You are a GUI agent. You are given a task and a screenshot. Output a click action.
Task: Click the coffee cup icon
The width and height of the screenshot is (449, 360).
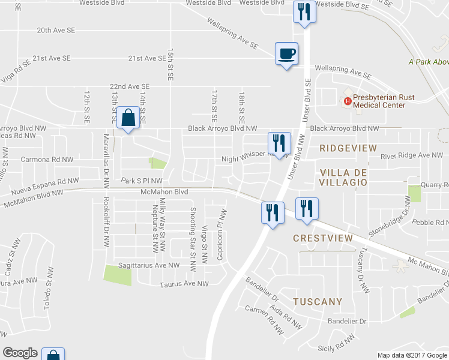(286, 53)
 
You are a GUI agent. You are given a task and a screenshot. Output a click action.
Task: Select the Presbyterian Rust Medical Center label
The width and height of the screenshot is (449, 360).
(379, 101)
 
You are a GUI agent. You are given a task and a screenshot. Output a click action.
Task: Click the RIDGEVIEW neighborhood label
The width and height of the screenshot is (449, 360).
(348, 148)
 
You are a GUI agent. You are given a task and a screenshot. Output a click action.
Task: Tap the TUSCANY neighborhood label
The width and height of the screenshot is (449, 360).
(318, 302)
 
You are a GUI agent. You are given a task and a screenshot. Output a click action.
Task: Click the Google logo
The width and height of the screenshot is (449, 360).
(20, 353)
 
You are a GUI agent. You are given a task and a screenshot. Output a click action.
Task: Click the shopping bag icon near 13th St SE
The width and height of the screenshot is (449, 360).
(128, 118)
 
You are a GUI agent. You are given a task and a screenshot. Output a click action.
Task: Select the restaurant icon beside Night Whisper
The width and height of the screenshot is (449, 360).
(279, 143)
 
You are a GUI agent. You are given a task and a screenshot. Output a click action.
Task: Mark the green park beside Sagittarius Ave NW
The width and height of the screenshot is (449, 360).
(117, 274)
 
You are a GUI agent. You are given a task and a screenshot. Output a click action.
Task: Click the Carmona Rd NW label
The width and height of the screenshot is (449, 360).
(47, 160)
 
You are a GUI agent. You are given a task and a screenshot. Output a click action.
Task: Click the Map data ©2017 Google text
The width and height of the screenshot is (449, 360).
(411, 355)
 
